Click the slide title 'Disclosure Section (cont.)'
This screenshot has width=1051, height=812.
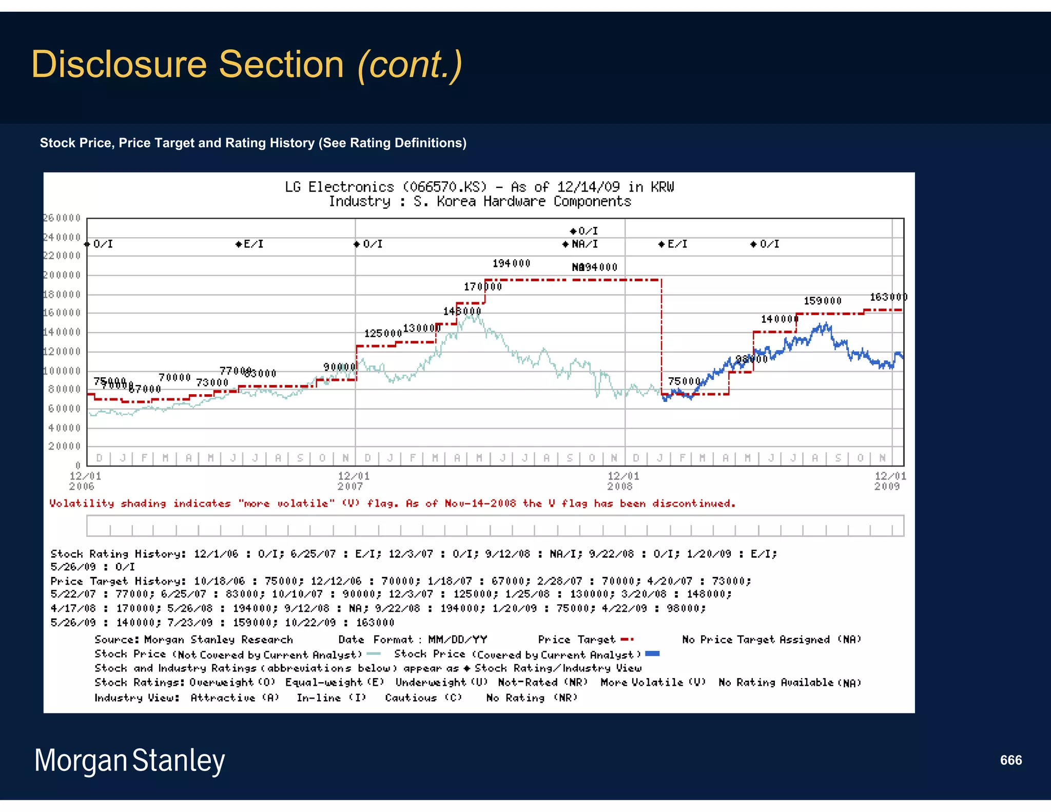coord(246,65)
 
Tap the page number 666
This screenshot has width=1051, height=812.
coord(1010,760)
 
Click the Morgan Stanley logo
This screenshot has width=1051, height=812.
coord(129,761)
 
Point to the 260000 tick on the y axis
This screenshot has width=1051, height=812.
coord(62,218)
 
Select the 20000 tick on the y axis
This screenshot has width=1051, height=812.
coord(65,447)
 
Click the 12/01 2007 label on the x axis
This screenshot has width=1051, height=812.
coord(353,481)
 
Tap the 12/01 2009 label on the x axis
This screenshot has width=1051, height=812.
coord(890,481)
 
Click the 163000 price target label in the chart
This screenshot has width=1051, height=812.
coord(888,297)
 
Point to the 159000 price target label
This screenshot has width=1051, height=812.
coord(822,301)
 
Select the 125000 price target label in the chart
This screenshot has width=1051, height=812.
coord(383,334)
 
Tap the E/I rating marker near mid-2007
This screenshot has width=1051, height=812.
coord(250,244)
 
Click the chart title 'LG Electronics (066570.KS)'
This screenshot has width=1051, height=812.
coord(385,187)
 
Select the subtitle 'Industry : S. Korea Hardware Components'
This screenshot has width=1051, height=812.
coord(479,202)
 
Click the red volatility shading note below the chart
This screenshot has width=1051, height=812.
coord(392,504)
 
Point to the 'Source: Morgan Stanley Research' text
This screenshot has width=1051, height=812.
coord(193,640)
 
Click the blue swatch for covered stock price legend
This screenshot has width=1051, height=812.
coord(652,654)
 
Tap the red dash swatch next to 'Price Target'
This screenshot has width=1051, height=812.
coord(627,640)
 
